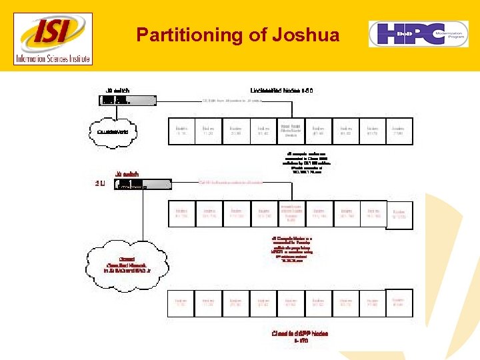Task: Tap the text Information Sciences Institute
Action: [x=54, y=58]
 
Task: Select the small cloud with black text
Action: [x=111, y=132]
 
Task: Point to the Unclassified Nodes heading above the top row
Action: [x=281, y=90]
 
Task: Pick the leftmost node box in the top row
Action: [x=181, y=131]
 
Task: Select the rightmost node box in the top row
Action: [x=399, y=131]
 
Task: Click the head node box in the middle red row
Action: [x=291, y=214]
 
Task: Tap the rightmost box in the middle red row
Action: [x=399, y=215]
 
